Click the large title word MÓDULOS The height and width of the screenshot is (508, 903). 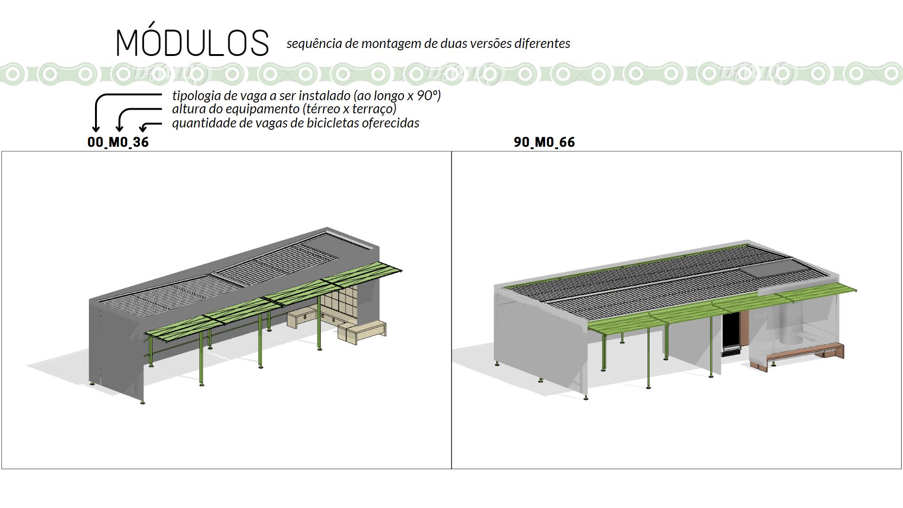pyautogui.click(x=192, y=43)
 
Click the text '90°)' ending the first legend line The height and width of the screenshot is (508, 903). pyautogui.click(x=429, y=96)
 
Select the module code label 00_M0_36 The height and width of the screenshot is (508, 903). pyautogui.click(x=118, y=142)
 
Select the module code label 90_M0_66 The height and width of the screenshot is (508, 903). pyautogui.click(x=544, y=142)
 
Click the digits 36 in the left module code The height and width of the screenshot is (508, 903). pyautogui.click(x=141, y=142)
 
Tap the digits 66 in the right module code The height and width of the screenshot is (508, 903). pyautogui.click(x=567, y=142)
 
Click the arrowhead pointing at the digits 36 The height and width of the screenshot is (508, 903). pyautogui.click(x=143, y=128)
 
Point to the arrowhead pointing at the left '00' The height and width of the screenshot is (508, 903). pyautogui.click(x=96, y=128)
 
